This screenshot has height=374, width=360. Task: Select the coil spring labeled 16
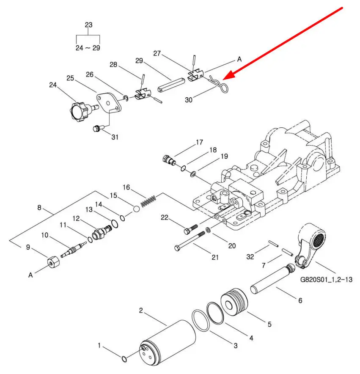(148, 201)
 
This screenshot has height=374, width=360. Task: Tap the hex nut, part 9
(53, 261)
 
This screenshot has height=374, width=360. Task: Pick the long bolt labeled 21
(190, 241)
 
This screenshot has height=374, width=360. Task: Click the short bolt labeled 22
(191, 229)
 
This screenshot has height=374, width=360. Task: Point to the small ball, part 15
(137, 209)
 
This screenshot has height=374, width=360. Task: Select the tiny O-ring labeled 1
(124, 358)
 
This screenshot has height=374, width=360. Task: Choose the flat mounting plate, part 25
(109, 103)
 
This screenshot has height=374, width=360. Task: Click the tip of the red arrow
(223, 79)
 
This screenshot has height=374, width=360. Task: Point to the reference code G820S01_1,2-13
(326, 279)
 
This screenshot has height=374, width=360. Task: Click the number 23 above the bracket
(88, 25)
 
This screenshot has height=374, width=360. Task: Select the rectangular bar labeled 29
(171, 85)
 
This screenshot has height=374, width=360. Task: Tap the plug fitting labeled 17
(169, 160)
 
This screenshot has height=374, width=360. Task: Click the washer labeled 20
(208, 230)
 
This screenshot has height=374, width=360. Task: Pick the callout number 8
(39, 207)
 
